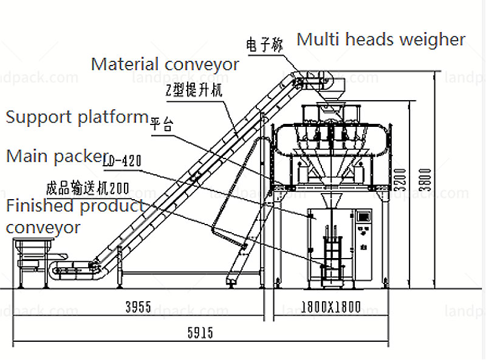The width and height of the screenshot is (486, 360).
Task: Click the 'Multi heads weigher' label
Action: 381,40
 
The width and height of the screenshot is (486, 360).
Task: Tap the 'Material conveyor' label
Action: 165,64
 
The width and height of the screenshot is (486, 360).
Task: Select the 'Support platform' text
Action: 77,117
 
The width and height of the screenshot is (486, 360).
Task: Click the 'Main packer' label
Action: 54,156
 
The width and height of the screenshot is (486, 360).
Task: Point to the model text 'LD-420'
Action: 122,161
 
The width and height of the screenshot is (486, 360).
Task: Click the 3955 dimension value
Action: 138,307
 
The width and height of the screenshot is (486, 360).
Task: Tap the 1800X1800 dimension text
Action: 331,307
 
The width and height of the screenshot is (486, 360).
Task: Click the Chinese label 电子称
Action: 264,44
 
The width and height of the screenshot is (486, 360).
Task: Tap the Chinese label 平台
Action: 161,126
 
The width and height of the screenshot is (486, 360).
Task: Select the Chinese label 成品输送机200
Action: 87,186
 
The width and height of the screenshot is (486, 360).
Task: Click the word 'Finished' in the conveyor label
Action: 39,206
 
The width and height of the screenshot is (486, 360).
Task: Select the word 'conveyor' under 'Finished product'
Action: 43,228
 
